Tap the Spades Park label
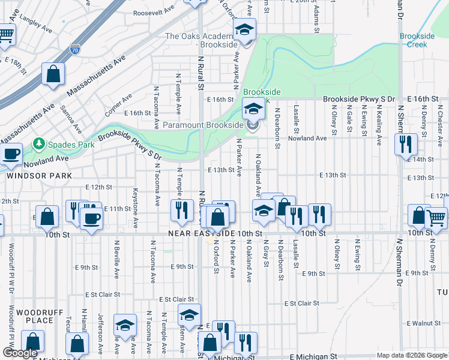(x=64, y=144)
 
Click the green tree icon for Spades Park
(x=40, y=144)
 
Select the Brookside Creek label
(x=417, y=40)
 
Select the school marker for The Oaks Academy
(x=244, y=29)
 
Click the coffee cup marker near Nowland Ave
(x=11, y=154)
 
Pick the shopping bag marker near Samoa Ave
(x=53, y=74)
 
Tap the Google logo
(x=20, y=353)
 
